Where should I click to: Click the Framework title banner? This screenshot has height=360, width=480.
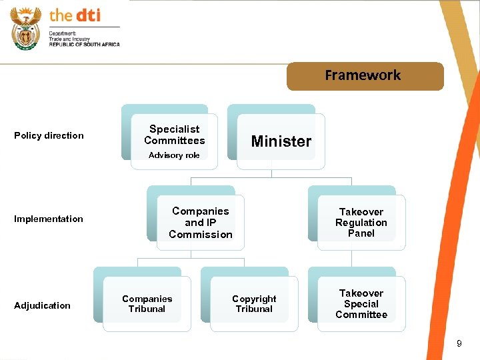pos(365,76)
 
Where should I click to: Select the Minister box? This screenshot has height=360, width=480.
pos(281,141)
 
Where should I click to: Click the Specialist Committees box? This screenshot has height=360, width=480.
pos(175,135)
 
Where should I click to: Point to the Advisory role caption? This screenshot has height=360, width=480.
pos(174,155)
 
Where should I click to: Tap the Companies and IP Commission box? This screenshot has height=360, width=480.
pos(201,223)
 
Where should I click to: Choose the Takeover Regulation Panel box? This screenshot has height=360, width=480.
pos(361,223)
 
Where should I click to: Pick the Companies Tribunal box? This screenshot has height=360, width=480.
pos(147,304)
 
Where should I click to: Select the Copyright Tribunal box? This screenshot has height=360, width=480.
pos(254,304)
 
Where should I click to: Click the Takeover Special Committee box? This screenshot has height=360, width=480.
pos(361,304)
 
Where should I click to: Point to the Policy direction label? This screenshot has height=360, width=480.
pos(49,135)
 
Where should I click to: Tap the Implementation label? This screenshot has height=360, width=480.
pos(49,219)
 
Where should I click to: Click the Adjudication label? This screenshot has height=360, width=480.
pos(42,305)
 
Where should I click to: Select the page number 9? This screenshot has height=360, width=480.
pos(459,343)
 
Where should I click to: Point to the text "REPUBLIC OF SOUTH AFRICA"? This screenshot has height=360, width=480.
pos(84,44)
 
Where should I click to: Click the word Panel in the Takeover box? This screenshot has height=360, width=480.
pos(361,233)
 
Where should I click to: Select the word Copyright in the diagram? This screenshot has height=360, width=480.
pos(254,299)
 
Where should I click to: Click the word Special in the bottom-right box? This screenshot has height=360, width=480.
pos(361,304)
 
